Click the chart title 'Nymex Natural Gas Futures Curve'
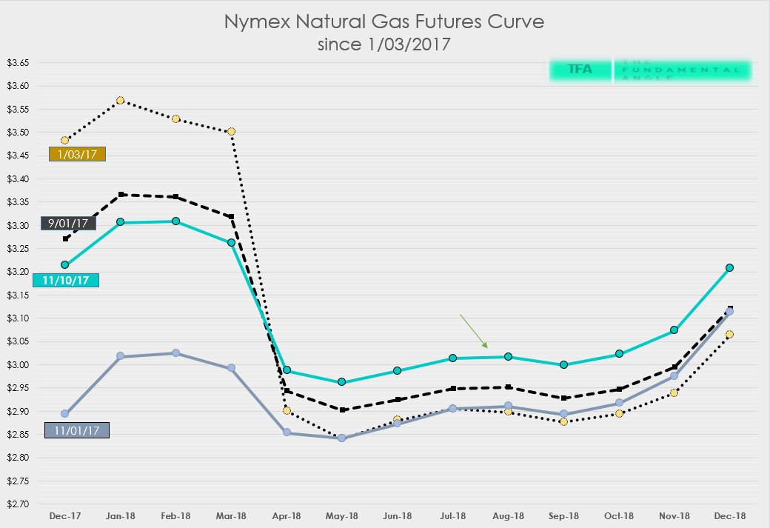(x=384, y=22)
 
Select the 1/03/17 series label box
(x=77, y=154)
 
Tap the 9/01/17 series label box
(x=68, y=223)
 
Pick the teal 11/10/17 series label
(x=66, y=281)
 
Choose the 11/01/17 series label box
(x=77, y=430)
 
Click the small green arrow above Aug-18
(x=474, y=331)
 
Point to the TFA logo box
(x=580, y=70)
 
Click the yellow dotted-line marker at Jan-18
(x=121, y=101)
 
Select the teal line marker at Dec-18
(x=729, y=267)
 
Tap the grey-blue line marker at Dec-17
(x=65, y=414)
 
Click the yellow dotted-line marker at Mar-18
(x=231, y=132)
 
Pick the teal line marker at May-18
(x=341, y=382)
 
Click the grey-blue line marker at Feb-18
(x=175, y=353)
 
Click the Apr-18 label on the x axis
(x=287, y=515)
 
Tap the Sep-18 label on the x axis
(x=563, y=515)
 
